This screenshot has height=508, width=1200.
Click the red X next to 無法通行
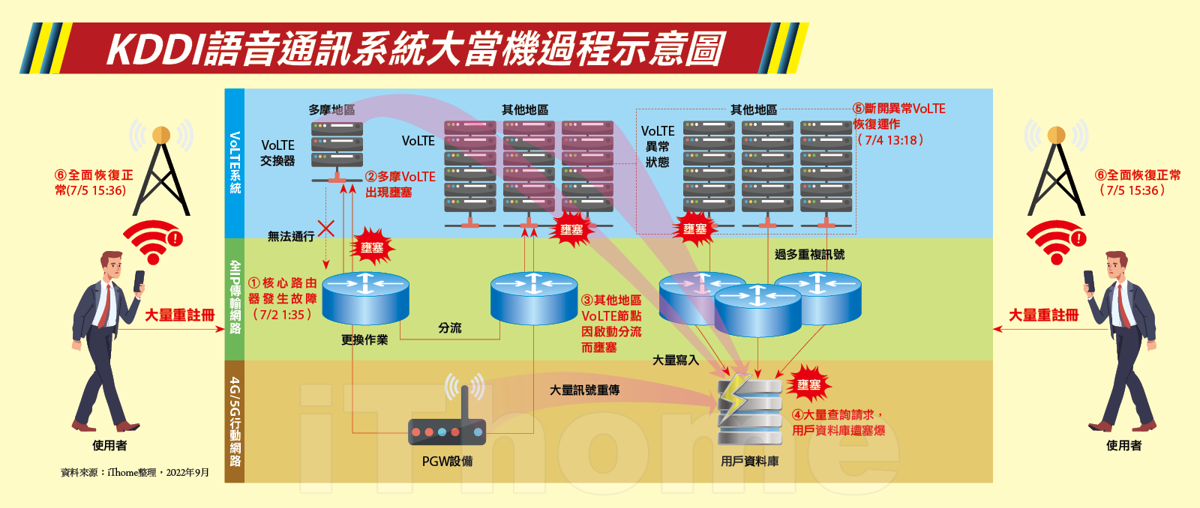[326, 228]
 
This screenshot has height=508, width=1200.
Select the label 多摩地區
[331, 109]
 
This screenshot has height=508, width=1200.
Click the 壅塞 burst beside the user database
[808, 384]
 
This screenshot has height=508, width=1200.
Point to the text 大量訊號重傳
[584, 390]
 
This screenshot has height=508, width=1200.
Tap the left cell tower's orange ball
[161, 135]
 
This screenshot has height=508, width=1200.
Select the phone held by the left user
[139, 281]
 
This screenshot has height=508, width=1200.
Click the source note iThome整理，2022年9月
[135, 473]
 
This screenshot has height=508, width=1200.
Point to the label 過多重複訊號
[809, 255]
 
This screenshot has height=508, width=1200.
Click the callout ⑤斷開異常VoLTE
[898, 109]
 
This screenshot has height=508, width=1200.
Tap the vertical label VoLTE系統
[235, 163]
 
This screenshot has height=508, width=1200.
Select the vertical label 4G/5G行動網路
[235, 421]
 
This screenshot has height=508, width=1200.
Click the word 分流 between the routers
[450, 328]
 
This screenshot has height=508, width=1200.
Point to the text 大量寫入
[675, 360]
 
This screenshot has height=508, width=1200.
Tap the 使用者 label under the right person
[1123, 445]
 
